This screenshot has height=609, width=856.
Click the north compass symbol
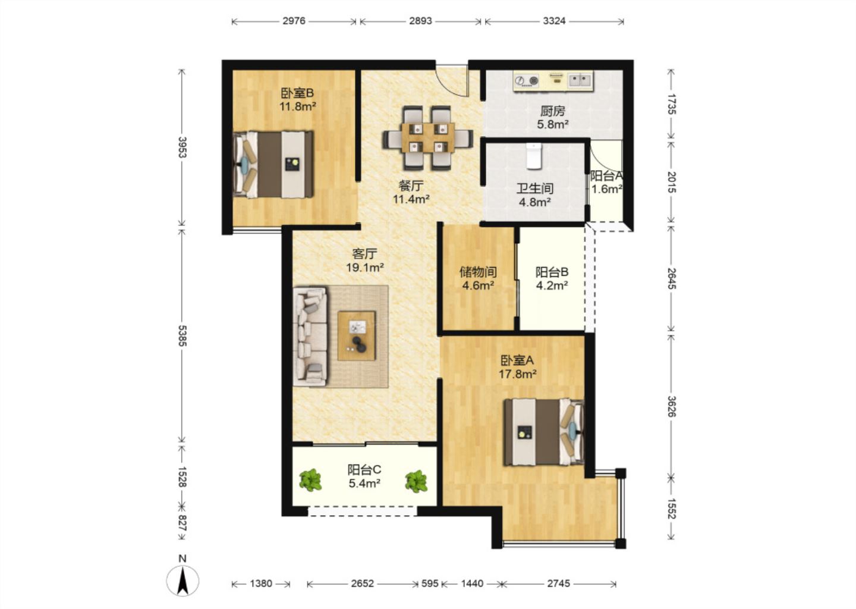pyautogui.click(x=182, y=580)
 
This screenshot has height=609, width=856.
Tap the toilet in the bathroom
pyautogui.click(x=533, y=156)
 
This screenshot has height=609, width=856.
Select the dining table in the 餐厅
pyautogui.click(x=428, y=138)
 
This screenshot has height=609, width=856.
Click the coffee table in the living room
pyautogui.click(x=357, y=335)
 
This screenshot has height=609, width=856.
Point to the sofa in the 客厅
pyautogui.click(x=310, y=337)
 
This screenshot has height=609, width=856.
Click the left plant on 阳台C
pyautogui.click(x=310, y=480)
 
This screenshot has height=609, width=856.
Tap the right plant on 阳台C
pyautogui.click(x=416, y=481)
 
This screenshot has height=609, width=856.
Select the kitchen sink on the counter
pyautogui.click(x=580, y=80)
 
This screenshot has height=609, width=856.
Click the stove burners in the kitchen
pyautogui.click(x=526, y=80)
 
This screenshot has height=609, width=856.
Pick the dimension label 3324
pyautogui.click(x=554, y=21)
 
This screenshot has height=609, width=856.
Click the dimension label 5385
pyautogui.click(x=182, y=335)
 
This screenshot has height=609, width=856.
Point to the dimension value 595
pyautogui.click(x=430, y=583)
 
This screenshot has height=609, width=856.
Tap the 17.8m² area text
pyautogui.click(x=517, y=373)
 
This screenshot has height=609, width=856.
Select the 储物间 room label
pyautogui.click(x=478, y=272)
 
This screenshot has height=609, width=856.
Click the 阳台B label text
pyautogui.click(x=552, y=272)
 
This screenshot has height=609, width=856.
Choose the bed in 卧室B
pyautogui.click(x=273, y=164)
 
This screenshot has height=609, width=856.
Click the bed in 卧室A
pyautogui.click(x=544, y=432)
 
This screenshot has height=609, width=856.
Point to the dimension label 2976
pyautogui.click(x=294, y=21)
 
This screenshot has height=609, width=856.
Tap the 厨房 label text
pyautogui.click(x=553, y=111)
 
